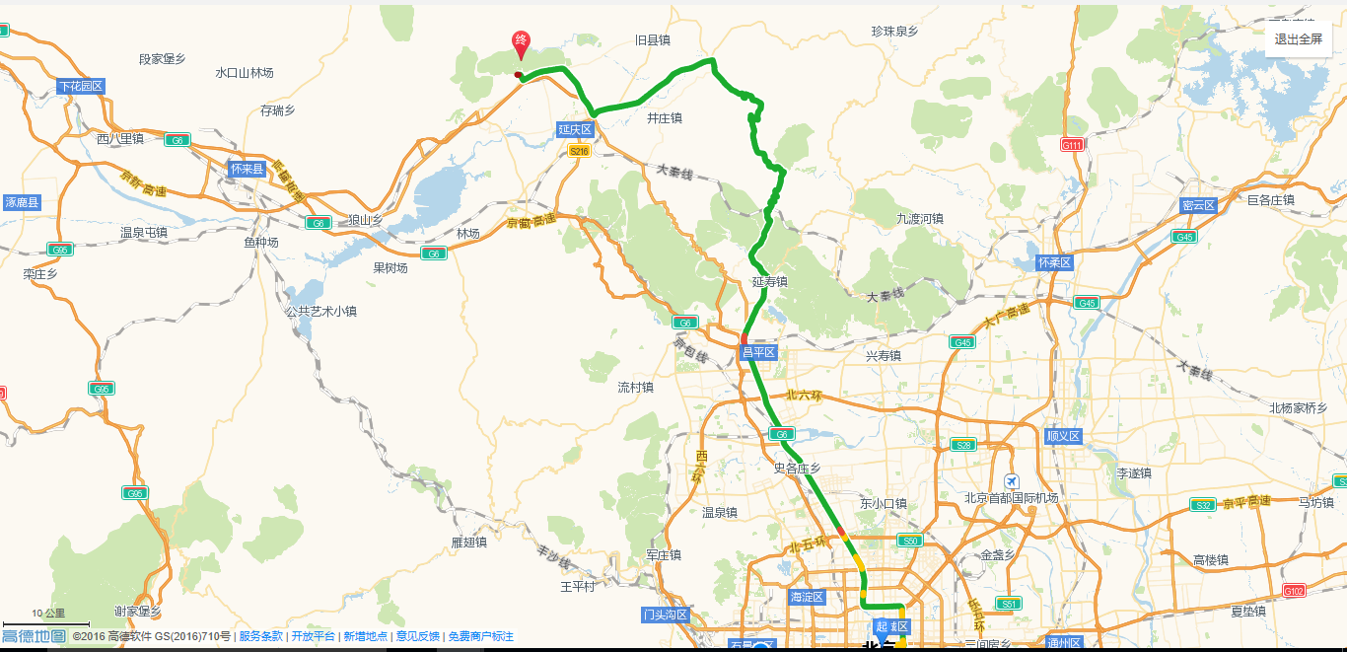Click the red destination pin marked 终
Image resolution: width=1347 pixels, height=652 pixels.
pyautogui.click(x=520, y=42)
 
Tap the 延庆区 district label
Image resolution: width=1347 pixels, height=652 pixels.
pyautogui.click(x=575, y=129)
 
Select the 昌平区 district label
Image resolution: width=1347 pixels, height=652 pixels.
pyautogui.click(x=759, y=351)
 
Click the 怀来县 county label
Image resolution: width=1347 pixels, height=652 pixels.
pyautogui.click(x=247, y=169)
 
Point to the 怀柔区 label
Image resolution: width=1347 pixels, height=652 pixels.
pyautogui.click(x=1054, y=262)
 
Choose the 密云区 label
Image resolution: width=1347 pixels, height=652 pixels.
pyautogui.click(x=1199, y=205)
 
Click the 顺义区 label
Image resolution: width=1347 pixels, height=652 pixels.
pyautogui.click(x=1064, y=436)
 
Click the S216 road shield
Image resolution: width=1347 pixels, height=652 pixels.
pyautogui.click(x=579, y=151)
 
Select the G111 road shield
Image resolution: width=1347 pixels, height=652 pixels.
pyautogui.click(x=1073, y=145)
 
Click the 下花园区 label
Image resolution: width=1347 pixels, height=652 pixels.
pyautogui.click(x=81, y=86)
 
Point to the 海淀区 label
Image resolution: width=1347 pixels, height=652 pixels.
pyautogui.click(x=807, y=597)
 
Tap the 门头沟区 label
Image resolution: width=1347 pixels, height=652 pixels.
pyautogui.click(x=664, y=615)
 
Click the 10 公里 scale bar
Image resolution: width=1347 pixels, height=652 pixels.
pyautogui.click(x=46, y=623)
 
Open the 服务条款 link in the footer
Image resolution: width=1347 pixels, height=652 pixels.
pyautogui.click(x=260, y=636)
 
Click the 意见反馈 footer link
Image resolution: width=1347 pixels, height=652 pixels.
pyautogui.click(x=417, y=636)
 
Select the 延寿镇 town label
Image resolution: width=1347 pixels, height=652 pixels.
pyautogui.click(x=770, y=282)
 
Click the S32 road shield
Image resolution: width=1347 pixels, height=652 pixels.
pyautogui.click(x=1202, y=505)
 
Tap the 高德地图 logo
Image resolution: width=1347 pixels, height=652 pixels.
pyautogui.click(x=34, y=636)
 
